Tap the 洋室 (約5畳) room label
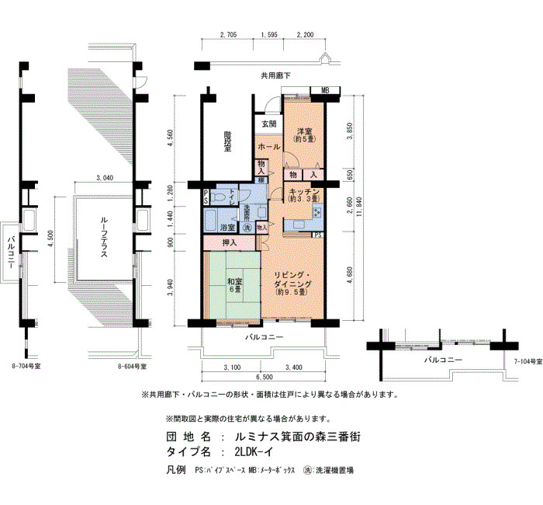pos(303,134)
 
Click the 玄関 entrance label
pos(268,124)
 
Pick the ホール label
pos(268,146)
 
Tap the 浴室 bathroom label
pos(227,228)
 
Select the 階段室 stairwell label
pos(227,143)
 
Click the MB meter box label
pos(326,91)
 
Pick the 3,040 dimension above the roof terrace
pos(105,178)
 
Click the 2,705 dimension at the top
pos(229,34)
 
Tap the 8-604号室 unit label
pos(133,364)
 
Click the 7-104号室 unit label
pos(527,362)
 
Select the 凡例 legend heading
pos(176,470)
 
